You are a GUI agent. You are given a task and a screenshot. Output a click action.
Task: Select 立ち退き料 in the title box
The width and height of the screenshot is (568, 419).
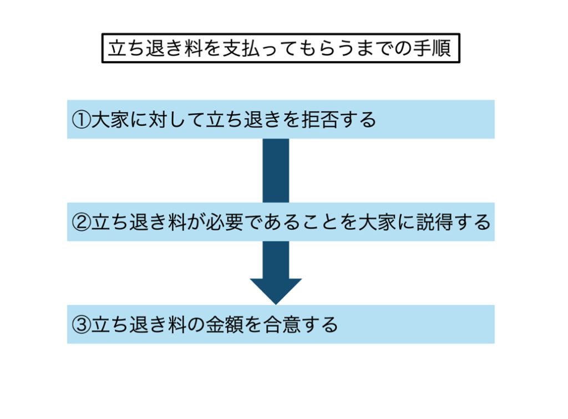click(153, 49)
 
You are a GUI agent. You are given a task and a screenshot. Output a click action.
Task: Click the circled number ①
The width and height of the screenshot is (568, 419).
click(82, 119)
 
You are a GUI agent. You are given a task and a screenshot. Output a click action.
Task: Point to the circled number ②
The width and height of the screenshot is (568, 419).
click(82, 222)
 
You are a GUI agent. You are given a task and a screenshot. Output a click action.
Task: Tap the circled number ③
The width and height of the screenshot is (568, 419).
click(82, 324)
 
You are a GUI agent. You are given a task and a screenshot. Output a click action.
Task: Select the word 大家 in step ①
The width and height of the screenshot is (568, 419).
click(108, 119)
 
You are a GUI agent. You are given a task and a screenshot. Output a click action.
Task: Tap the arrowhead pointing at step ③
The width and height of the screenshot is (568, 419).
click(276, 289)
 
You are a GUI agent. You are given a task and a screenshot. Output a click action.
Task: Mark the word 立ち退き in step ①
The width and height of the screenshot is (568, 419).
click(232, 119)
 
